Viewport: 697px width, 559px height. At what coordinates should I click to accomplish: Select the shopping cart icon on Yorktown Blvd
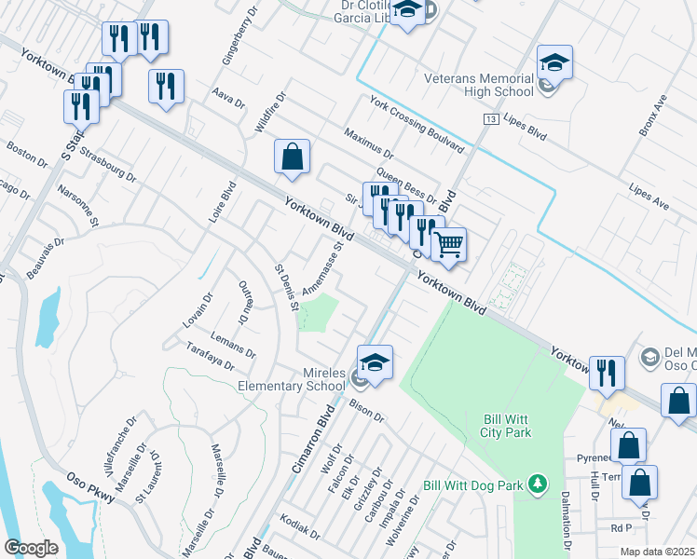coord(449,246)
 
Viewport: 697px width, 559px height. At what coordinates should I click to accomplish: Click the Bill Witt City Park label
coord(506,426)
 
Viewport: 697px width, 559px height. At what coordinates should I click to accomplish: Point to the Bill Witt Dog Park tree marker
coord(537,484)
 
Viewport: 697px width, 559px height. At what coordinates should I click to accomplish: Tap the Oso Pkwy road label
coord(89,482)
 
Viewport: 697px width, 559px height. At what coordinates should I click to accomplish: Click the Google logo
coord(31,548)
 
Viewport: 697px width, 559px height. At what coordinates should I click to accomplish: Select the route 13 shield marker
coord(490,120)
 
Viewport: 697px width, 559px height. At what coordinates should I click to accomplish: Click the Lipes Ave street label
coord(649,201)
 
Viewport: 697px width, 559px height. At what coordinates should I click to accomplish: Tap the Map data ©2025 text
coord(657,552)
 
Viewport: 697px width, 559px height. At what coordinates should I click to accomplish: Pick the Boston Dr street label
coord(26,154)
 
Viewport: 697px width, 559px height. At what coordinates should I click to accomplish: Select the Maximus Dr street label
coord(369,143)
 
